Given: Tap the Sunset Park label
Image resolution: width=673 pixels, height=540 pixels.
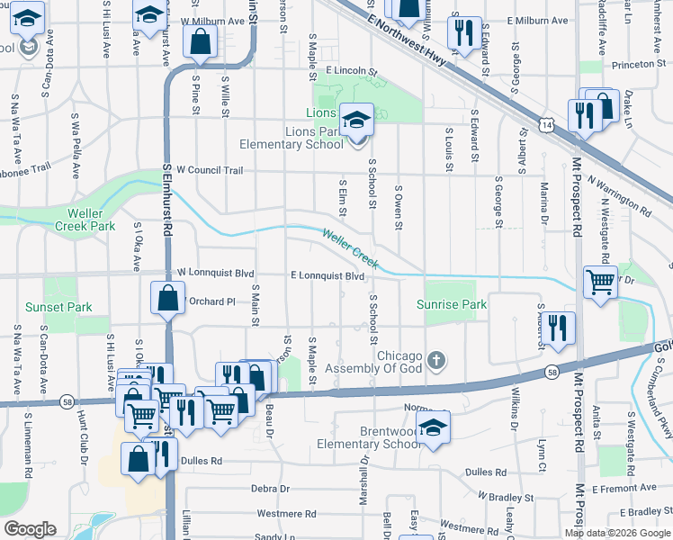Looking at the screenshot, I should coord(60,307).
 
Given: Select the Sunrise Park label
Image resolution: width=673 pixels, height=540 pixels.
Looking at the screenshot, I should coord(452,304).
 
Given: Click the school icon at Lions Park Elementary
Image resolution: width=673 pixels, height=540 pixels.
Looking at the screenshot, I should coord(357,120).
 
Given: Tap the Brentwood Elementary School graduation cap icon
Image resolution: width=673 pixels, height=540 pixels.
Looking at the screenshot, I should coord(433,427).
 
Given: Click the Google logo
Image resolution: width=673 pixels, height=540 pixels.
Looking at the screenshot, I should coord(30,529).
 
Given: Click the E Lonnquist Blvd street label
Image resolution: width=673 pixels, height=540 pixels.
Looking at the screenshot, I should coord(328,275).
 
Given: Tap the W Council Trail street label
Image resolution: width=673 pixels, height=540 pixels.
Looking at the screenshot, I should coord(210,169).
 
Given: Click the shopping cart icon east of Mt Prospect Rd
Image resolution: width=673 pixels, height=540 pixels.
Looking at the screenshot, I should coord(600,282).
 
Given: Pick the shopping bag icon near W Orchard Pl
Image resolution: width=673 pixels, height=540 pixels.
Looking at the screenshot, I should coord(168,298).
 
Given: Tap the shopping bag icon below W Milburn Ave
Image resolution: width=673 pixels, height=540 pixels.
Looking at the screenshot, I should coord(200,40).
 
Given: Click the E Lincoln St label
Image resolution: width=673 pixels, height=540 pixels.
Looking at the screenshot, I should coord(354,69).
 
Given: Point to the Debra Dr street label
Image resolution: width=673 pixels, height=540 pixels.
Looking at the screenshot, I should coord(270,489).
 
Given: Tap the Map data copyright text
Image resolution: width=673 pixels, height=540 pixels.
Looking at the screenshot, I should coord(615,531).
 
